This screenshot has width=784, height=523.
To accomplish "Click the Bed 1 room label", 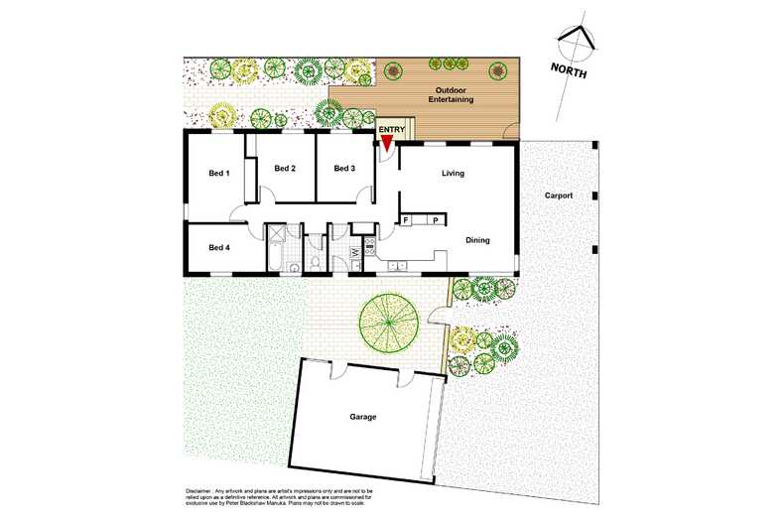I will click(x=219, y=174).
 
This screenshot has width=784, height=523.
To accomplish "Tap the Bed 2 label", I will click(x=285, y=168).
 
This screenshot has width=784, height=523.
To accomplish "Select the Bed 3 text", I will click(x=344, y=168).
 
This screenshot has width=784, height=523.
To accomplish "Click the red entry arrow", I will click(x=387, y=143).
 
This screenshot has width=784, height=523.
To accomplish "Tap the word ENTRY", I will click(x=391, y=129).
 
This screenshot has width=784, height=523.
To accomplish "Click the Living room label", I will click(x=454, y=174).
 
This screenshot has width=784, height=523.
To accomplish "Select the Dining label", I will click(x=478, y=239).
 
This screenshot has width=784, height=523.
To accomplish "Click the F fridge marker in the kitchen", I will click(x=405, y=219).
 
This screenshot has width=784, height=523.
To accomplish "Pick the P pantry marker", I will click(x=435, y=219).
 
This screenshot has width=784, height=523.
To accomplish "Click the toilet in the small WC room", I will click(x=315, y=263).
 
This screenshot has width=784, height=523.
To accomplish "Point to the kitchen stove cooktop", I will click(x=369, y=248).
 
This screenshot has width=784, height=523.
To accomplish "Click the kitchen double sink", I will click(x=397, y=265).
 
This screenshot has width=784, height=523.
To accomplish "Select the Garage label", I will click(x=363, y=417).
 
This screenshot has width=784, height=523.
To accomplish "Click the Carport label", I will click(x=559, y=196).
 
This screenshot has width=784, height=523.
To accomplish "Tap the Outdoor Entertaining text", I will click(x=451, y=94).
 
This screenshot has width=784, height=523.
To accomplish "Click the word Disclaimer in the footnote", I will click(x=202, y=490).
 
